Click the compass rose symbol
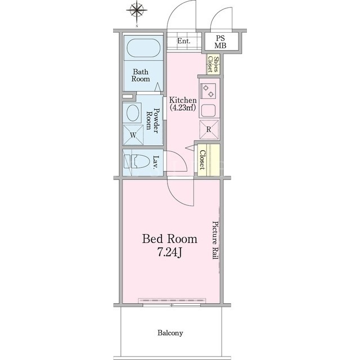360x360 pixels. point(137,10)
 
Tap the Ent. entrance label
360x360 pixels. point(184,41)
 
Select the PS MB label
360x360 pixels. point(220,42)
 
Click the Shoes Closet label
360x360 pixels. point(213,64)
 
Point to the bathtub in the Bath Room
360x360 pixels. point(143,48)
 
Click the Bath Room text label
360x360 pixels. point(141,75)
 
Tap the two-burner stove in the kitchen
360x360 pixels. point(208,91)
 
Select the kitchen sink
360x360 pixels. point(208,110)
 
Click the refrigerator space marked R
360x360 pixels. point(209,129)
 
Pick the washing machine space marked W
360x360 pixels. point(133,135)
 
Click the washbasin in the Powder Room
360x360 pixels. point(133,112)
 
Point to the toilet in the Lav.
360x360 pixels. point(137,161)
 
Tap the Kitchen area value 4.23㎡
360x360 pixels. point(183,107)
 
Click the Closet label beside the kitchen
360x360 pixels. point(202,160)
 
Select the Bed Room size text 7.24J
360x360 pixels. point(169,253)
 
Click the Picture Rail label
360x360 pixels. point(215,240)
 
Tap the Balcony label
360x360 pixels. point(170,332)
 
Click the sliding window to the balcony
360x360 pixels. point(172,305)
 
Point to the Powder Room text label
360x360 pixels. point(152,119)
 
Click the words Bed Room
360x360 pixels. point(170,239)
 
